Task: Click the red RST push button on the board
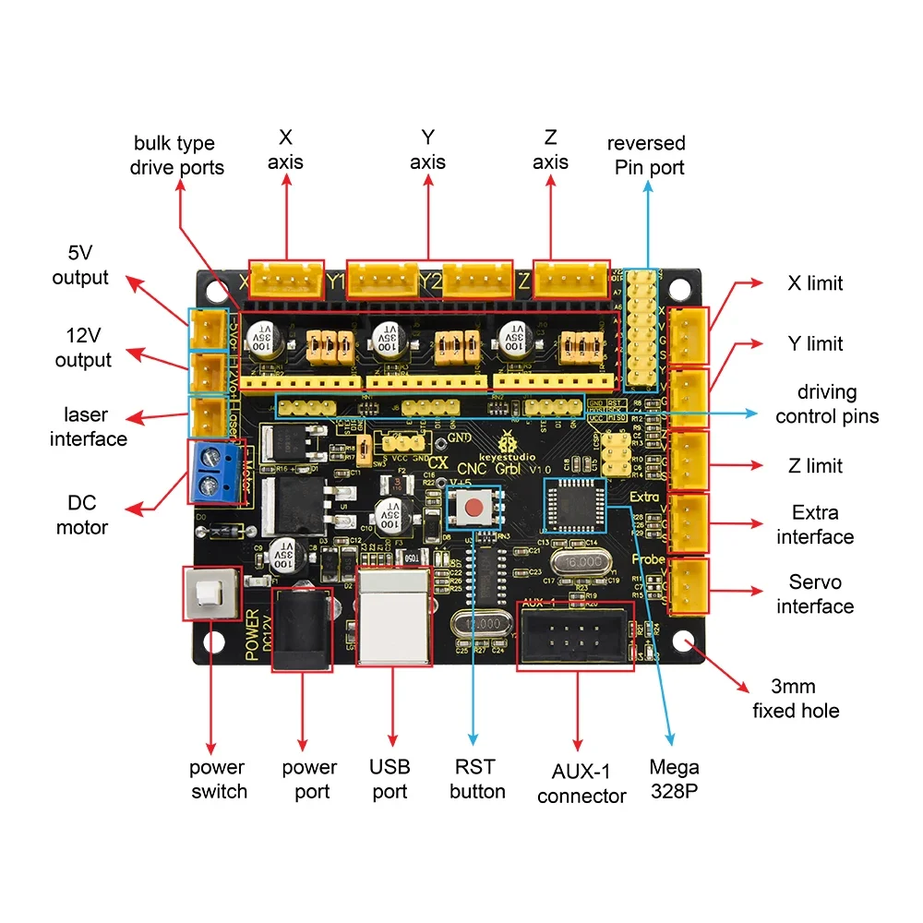tap(473, 506)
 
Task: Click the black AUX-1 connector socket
tap(578, 637)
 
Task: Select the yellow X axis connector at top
tap(287, 278)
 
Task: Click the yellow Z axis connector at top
tap(572, 278)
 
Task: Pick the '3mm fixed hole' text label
tap(796, 699)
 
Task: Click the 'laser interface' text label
tap(89, 426)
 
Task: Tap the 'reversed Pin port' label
tap(646, 155)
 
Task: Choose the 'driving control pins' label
tap(827, 404)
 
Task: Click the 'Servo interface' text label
tap(815, 593)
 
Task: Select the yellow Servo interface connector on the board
tap(688, 585)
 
